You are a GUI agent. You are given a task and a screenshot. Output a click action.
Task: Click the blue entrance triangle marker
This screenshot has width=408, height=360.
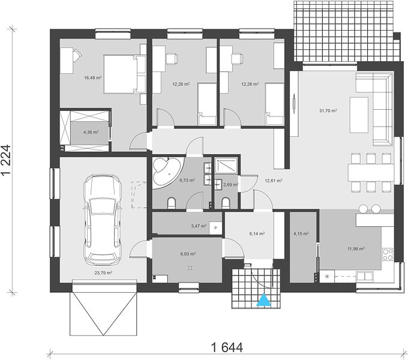click(x=264, y=300)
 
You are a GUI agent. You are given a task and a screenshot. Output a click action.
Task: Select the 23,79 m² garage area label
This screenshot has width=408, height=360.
click(x=103, y=273)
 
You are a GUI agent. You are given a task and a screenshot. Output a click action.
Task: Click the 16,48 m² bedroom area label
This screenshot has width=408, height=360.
click(x=92, y=77)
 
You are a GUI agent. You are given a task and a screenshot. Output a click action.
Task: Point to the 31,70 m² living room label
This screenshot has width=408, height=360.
click(x=328, y=110)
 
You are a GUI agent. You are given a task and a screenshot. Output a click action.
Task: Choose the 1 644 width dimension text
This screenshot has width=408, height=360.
click(x=227, y=347)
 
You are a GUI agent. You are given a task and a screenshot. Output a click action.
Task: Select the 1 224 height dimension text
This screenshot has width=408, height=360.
click(x=6, y=160)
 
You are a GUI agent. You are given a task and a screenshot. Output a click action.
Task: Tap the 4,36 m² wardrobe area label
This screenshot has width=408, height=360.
click(x=91, y=132)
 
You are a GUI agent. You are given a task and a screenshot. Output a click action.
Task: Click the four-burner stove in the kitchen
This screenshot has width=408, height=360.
click(x=388, y=254)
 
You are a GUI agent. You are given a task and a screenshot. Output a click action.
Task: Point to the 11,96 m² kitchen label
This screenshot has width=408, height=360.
click(x=356, y=248)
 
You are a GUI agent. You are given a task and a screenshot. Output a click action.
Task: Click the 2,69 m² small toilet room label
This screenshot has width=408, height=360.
click(x=230, y=185)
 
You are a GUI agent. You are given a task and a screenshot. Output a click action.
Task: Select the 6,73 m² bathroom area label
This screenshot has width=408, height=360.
click(x=187, y=180)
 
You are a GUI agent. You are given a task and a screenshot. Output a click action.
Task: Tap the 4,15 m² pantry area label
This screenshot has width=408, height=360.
click(x=301, y=233)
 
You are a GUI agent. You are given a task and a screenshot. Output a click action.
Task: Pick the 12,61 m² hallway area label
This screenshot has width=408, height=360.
click(x=274, y=181)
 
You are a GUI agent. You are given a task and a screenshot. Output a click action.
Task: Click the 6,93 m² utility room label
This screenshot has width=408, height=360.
click(x=188, y=254)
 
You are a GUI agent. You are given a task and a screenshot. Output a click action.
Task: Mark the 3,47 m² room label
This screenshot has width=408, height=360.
click(x=199, y=226)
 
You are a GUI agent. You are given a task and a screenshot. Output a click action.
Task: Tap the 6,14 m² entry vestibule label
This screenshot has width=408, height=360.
click(x=257, y=233)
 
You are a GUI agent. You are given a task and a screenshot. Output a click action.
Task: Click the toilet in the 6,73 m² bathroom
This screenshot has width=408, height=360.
click(x=172, y=203)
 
